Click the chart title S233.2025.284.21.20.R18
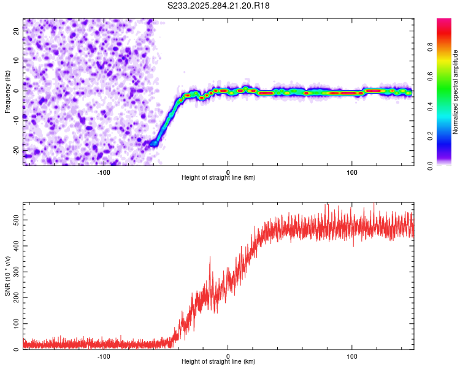[x=219, y=6]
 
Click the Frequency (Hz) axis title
[x=7, y=91]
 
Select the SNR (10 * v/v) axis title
[x=7, y=276]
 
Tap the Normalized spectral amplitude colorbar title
[x=455, y=92]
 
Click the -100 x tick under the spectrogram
[x=104, y=172]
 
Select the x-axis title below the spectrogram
[x=218, y=178]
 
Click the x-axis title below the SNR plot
[x=218, y=362]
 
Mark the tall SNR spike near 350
[x=210, y=258]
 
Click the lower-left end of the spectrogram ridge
[x=153, y=144]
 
